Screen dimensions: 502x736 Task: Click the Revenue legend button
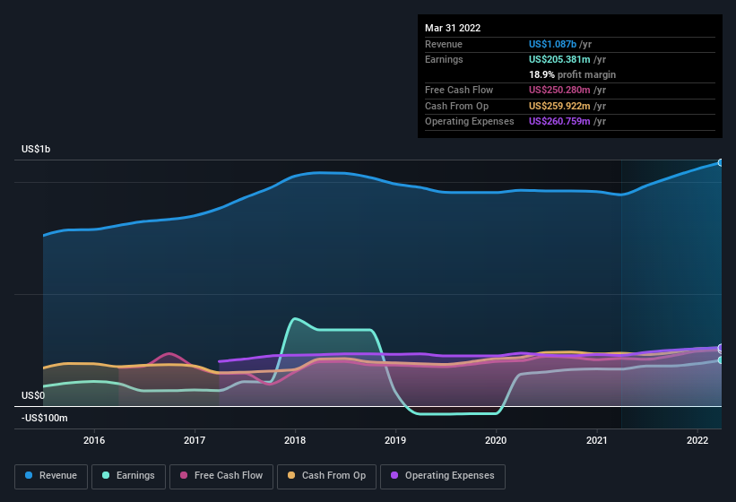click(x=51, y=476)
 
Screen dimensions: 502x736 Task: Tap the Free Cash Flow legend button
click(x=221, y=476)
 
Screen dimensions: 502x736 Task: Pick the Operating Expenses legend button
click(x=443, y=476)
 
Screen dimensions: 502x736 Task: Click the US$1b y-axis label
click(x=36, y=149)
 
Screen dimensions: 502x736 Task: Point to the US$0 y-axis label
click(x=32, y=395)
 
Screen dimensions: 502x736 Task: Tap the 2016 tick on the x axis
click(x=94, y=440)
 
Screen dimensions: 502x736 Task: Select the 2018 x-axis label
click(x=295, y=440)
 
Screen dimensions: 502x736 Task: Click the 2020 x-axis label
click(x=496, y=440)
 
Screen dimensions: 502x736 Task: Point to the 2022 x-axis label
click(x=697, y=440)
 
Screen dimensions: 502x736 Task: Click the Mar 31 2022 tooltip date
click(x=453, y=28)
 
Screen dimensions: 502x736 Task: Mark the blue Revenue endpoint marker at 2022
click(x=720, y=162)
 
